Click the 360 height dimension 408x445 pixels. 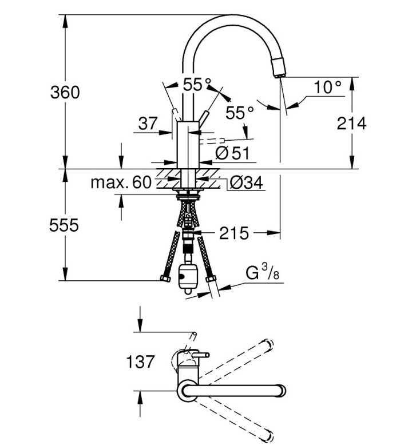point(65,92)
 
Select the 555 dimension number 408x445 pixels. point(64,225)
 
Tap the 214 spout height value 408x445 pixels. point(351,124)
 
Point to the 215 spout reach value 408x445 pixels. point(234,233)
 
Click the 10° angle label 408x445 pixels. point(328,86)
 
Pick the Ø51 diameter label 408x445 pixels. point(232,153)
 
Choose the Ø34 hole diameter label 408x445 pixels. point(247,182)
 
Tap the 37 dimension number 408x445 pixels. point(148,124)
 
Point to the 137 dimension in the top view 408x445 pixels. point(140,362)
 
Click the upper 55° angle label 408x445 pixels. point(197,84)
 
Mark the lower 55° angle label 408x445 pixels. point(239,113)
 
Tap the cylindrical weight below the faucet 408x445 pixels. point(186,279)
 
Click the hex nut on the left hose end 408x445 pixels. point(165,278)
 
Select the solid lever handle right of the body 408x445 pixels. point(203,119)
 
